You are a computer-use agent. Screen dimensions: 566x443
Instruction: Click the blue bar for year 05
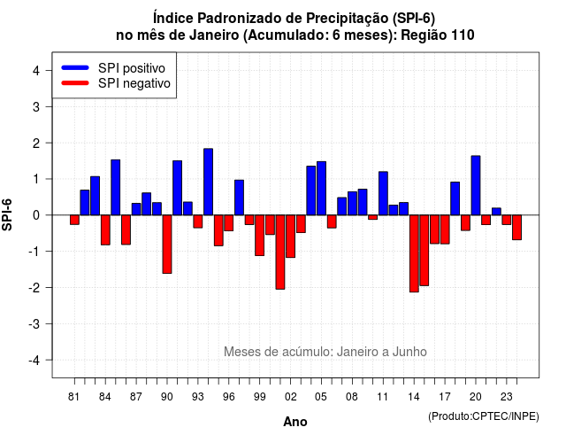[x=321, y=189]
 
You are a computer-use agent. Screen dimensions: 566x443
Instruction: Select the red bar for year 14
[x=414, y=253]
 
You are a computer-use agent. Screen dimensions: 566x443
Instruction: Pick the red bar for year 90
[x=167, y=245]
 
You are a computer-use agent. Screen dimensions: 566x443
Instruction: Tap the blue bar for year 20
[x=476, y=185]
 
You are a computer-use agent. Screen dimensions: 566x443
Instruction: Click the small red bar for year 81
[x=74, y=220]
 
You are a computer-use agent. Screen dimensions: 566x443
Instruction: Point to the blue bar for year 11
[x=383, y=193]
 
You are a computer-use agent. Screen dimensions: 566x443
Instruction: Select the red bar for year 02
[x=291, y=237]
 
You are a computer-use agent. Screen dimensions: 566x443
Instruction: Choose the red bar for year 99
[x=259, y=236]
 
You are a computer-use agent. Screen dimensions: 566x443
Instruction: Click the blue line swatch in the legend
[x=75, y=67]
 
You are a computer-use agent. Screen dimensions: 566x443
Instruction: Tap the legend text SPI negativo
[x=134, y=83]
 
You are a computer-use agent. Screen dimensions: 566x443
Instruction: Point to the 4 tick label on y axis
[x=36, y=71]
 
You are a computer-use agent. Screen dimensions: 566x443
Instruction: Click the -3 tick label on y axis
[x=34, y=323]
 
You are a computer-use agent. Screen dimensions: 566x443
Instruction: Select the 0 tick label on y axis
[x=36, y=215]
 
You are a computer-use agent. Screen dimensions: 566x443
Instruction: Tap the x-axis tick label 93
[x=198, y=397]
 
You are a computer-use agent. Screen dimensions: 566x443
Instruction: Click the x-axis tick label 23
[x=507, y=397]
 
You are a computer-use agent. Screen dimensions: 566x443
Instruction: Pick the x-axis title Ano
[x=295, y=422]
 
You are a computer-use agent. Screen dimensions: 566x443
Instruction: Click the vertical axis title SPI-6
[x=7, y=214]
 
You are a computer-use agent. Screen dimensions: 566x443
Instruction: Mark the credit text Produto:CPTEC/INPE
[x=484, y=416]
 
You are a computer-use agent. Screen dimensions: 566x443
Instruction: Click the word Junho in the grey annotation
[x=409, y=352]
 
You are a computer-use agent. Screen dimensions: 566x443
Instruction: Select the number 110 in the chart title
[x=463, y=35]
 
